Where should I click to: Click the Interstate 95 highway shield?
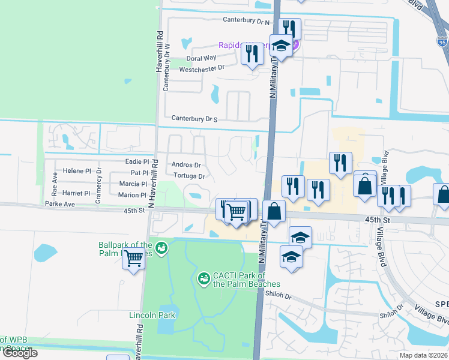click(442, 42)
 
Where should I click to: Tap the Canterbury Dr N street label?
click(247, 20)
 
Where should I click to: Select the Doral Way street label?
click(201, 58)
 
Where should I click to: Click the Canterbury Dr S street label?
click(194, 119)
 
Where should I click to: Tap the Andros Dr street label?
click(186, 165)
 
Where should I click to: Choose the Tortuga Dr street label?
click(189, 176)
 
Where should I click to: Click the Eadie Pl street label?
click(137, 162)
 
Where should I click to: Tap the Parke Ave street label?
click(59, 204)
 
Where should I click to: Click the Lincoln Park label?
click(152, 314)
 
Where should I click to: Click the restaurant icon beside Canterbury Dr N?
click(290, 29)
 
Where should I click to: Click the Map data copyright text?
click(424, 355)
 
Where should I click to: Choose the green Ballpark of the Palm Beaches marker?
click(161, 247)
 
